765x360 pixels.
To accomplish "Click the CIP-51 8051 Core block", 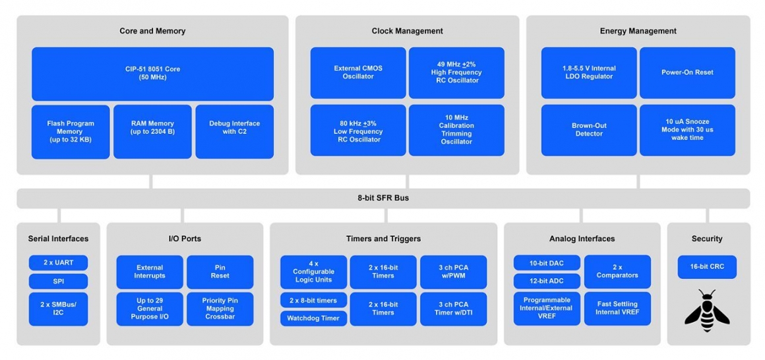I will [x=152, y=73].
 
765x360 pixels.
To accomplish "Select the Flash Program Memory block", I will [x=71, y=132].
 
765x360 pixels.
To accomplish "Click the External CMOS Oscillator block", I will [x=358, y=73].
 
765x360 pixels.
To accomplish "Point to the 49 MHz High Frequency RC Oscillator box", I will [x=456, y=73].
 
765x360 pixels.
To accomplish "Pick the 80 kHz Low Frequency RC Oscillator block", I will [x=358, y=130].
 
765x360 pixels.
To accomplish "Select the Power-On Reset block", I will [x=687, y=73].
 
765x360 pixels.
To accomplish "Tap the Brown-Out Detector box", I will [x=589, y=130].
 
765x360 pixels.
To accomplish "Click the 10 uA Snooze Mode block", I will [x=687, y=130].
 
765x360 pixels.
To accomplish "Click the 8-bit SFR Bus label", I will [x=382, y=198].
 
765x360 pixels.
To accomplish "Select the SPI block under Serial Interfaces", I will [x=58, y=282].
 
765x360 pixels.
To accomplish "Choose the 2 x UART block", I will [x=58, y=262].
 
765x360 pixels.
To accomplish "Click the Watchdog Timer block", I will [x=313, y=318].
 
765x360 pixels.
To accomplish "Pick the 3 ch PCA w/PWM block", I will [x=453, y=272].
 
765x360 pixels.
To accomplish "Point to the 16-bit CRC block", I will [x=707, y=267].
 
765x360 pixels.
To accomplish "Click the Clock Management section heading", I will [x=407, y=31].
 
